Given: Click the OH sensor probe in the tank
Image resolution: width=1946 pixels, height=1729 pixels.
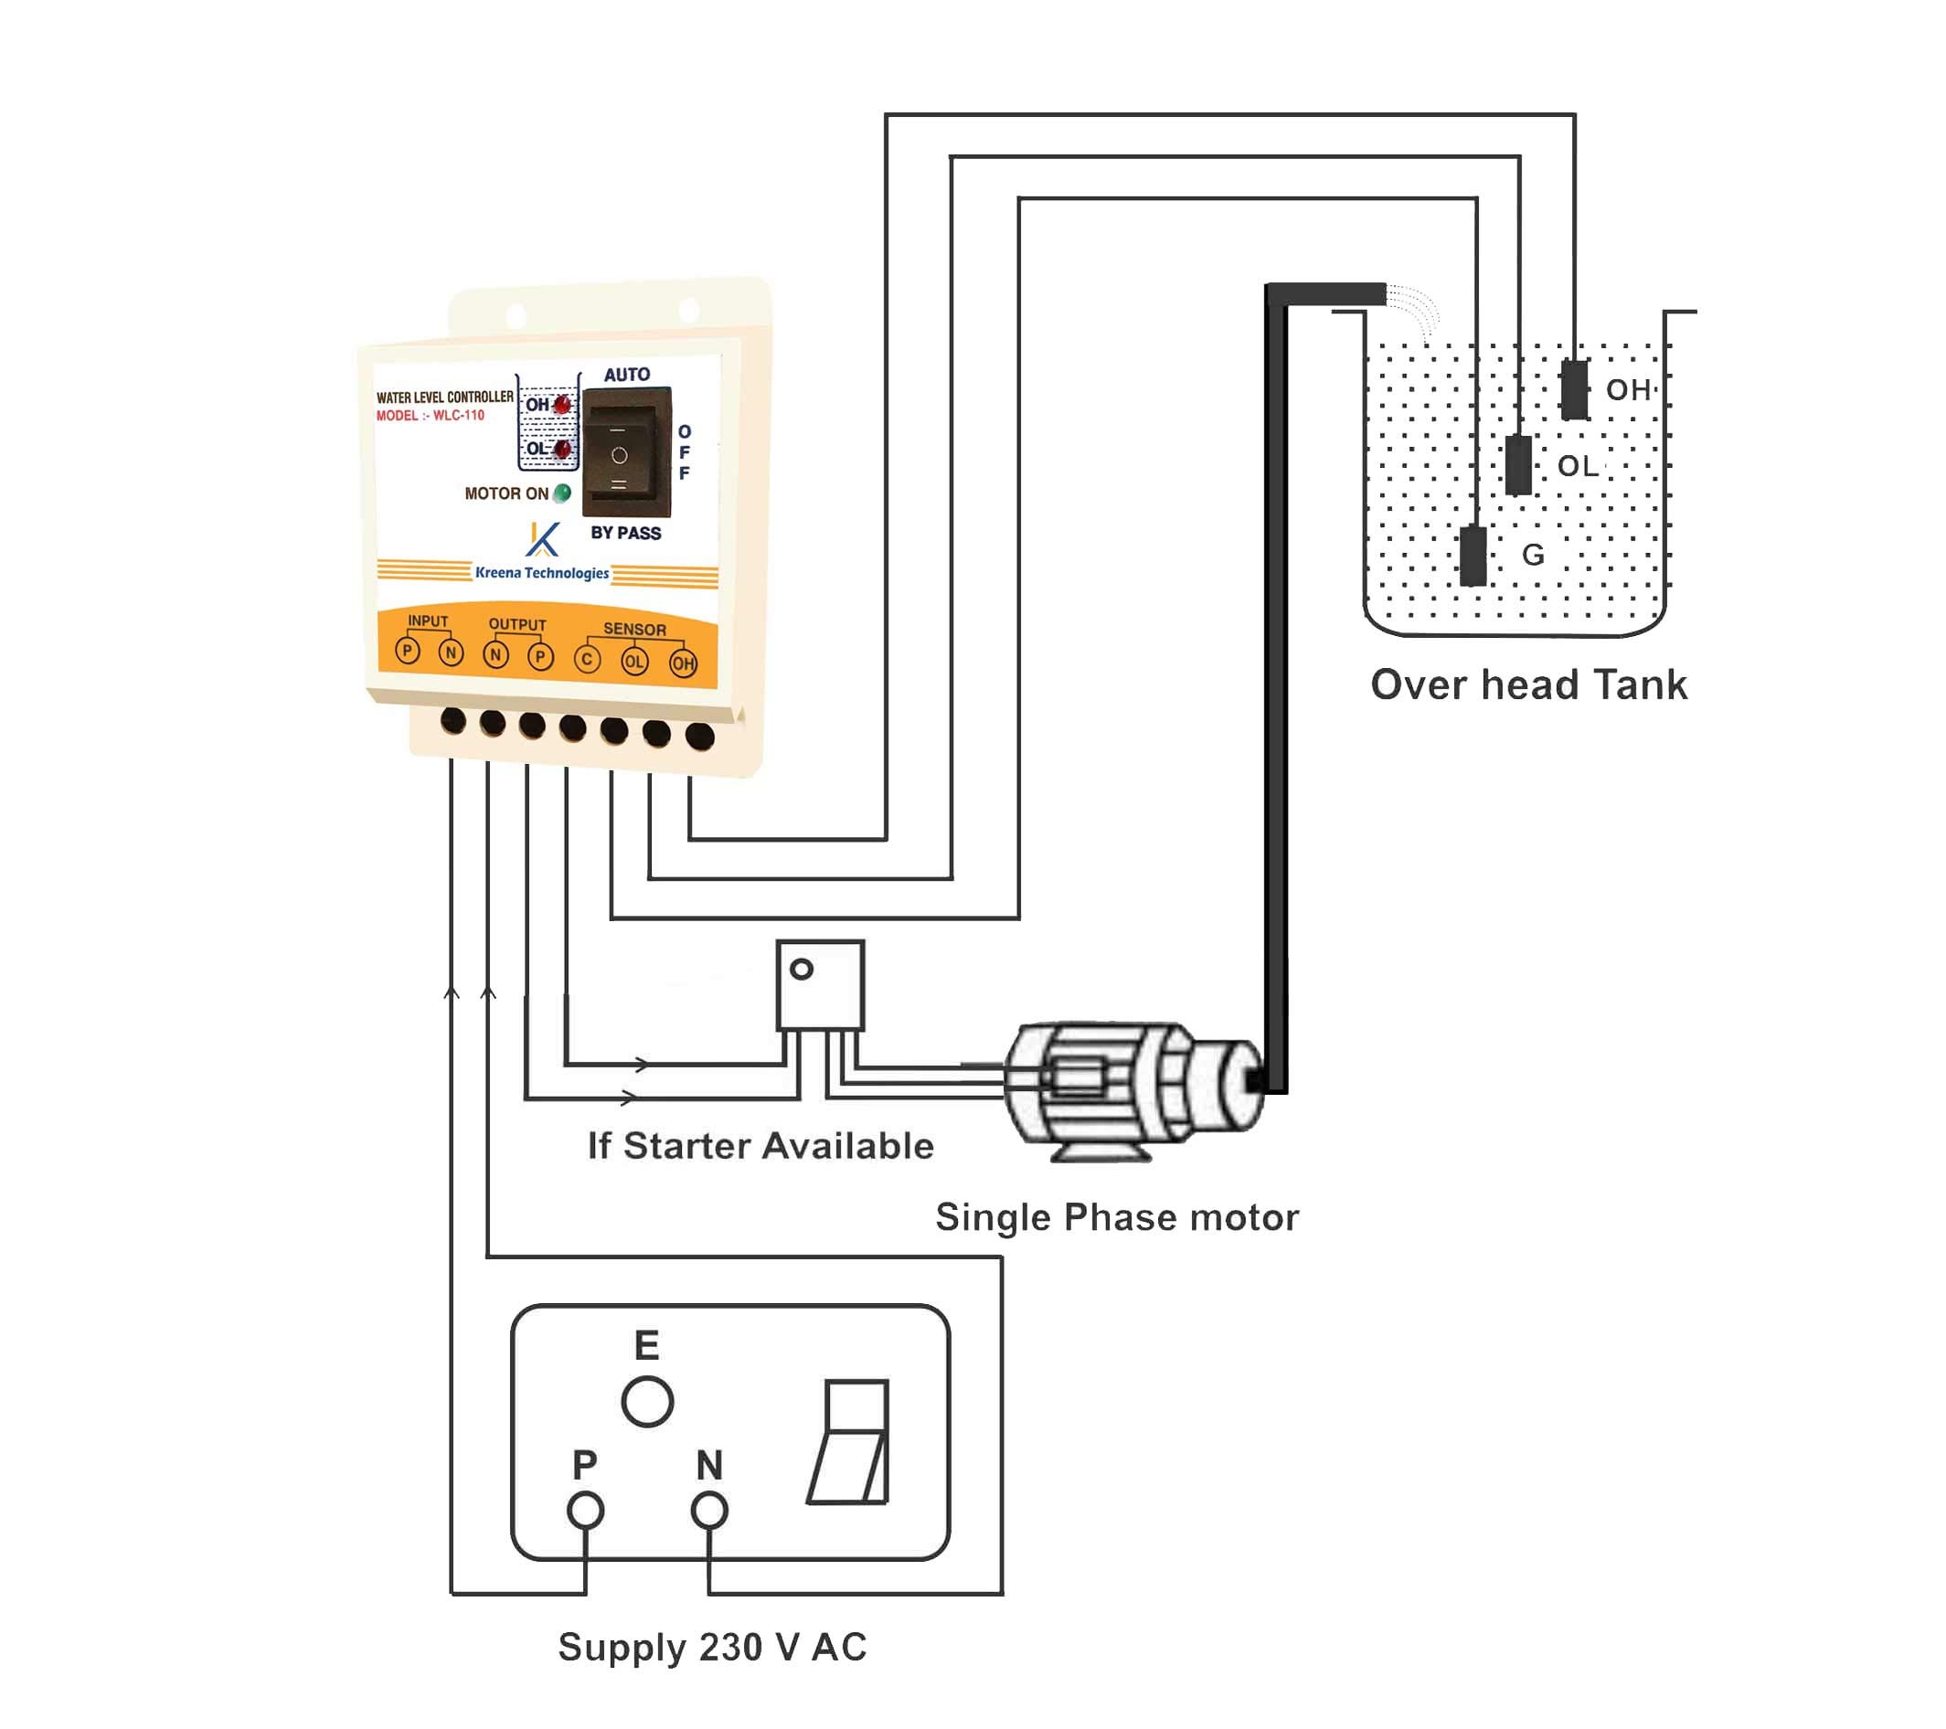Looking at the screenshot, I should [1575, 389].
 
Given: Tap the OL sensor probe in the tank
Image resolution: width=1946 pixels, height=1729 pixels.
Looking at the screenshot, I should [1519, 465].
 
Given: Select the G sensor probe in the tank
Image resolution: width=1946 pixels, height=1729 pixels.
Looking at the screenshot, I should [1473, 556].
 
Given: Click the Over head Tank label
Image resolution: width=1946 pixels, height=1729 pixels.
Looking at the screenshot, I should [1528, 685].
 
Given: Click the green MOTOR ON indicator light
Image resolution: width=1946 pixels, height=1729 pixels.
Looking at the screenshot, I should [563, 493].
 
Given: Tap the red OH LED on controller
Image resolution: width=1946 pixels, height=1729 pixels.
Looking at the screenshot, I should [563, 405].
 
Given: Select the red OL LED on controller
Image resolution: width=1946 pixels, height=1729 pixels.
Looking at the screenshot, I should [563, 449].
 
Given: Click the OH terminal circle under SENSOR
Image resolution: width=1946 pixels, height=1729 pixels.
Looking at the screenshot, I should [683, 663].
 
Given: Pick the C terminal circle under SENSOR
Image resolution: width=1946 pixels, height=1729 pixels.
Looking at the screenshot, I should [588, 659].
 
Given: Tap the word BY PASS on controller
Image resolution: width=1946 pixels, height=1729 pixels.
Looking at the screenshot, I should [625, 533].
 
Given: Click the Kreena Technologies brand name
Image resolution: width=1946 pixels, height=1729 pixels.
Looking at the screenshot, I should [542, 573].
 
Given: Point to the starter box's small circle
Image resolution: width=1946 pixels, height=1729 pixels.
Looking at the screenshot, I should [802, 970].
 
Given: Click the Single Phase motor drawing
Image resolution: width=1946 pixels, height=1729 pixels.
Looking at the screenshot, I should [1133, 1090].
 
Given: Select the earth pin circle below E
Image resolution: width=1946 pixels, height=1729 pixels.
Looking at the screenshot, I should [647, 1402].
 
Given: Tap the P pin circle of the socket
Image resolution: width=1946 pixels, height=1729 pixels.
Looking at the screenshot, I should [586, 1511].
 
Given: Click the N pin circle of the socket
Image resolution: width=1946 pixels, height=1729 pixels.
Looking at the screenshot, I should [709, 1511].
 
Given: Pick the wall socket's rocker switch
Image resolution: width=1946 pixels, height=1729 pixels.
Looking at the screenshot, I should [849, 1442].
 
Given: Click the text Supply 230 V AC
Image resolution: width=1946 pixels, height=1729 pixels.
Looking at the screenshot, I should [712, 1647].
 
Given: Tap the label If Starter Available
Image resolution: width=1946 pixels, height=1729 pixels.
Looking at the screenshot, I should [760, 1146].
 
